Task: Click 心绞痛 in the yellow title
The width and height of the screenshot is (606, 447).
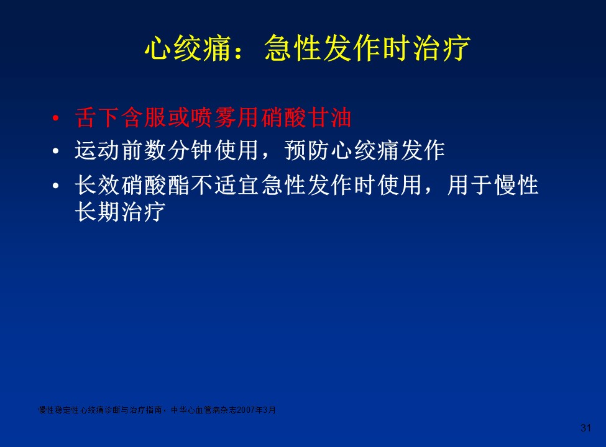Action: pos(188,48)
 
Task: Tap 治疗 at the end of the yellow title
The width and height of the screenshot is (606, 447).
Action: pos(441,48)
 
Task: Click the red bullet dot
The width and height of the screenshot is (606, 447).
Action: pos(56,118)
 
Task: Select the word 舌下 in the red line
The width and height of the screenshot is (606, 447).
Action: pos(97,118)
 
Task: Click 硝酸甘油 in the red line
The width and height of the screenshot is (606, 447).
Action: pos(306,118)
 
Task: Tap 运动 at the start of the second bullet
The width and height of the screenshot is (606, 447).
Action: pos(97,150)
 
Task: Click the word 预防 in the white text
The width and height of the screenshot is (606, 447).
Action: pos(307,150)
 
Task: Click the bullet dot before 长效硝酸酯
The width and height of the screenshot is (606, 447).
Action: pos(56,186)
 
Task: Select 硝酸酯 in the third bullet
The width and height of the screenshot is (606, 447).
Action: pos(155,185)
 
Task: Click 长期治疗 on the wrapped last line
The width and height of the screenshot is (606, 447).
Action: pos(120,212)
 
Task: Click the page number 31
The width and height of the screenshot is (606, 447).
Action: pos(586,428)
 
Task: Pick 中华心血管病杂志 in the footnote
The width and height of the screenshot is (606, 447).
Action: pos(204,410)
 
